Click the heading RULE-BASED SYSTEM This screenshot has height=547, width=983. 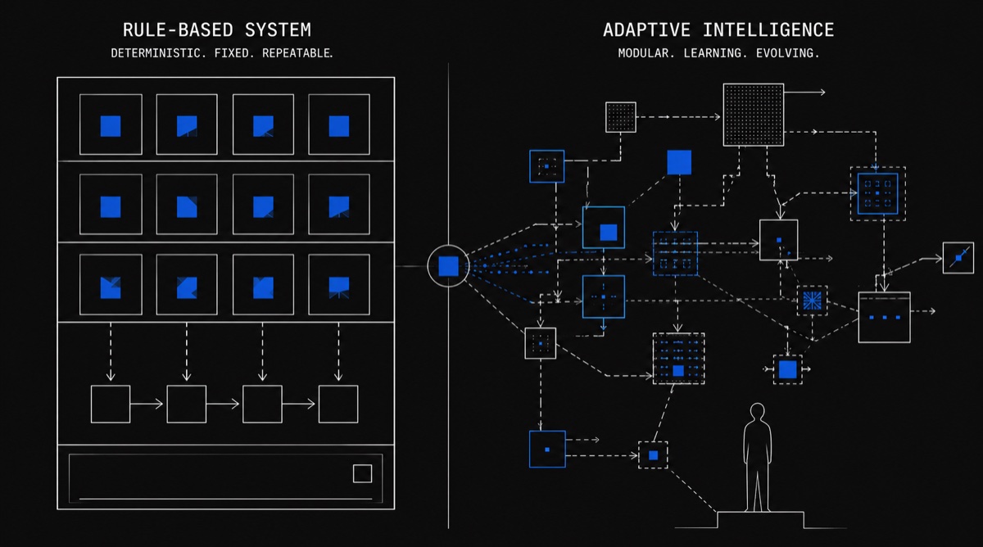tap(216, 30)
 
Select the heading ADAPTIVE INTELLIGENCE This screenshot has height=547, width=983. tap(718, 30)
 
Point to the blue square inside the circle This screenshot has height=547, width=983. tap(448, 266)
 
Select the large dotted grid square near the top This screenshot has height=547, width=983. tap(754, 115)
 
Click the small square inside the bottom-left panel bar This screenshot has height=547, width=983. tap(362, 473)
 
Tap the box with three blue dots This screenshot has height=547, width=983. tap(884, 317)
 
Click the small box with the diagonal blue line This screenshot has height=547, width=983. tap(958, 258)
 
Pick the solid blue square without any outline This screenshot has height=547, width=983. tap(679, 162)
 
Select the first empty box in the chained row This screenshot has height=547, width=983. tap(111, 404)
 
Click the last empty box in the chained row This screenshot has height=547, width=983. tap(338, 404)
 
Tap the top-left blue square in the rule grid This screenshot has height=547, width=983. tap(111, 125)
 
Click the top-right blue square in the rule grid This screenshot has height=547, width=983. tap(338, 125)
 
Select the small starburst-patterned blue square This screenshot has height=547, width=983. tap(813, 301)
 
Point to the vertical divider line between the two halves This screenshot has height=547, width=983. tap(449, 409)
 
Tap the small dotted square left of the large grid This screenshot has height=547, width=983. tap(620, 117)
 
